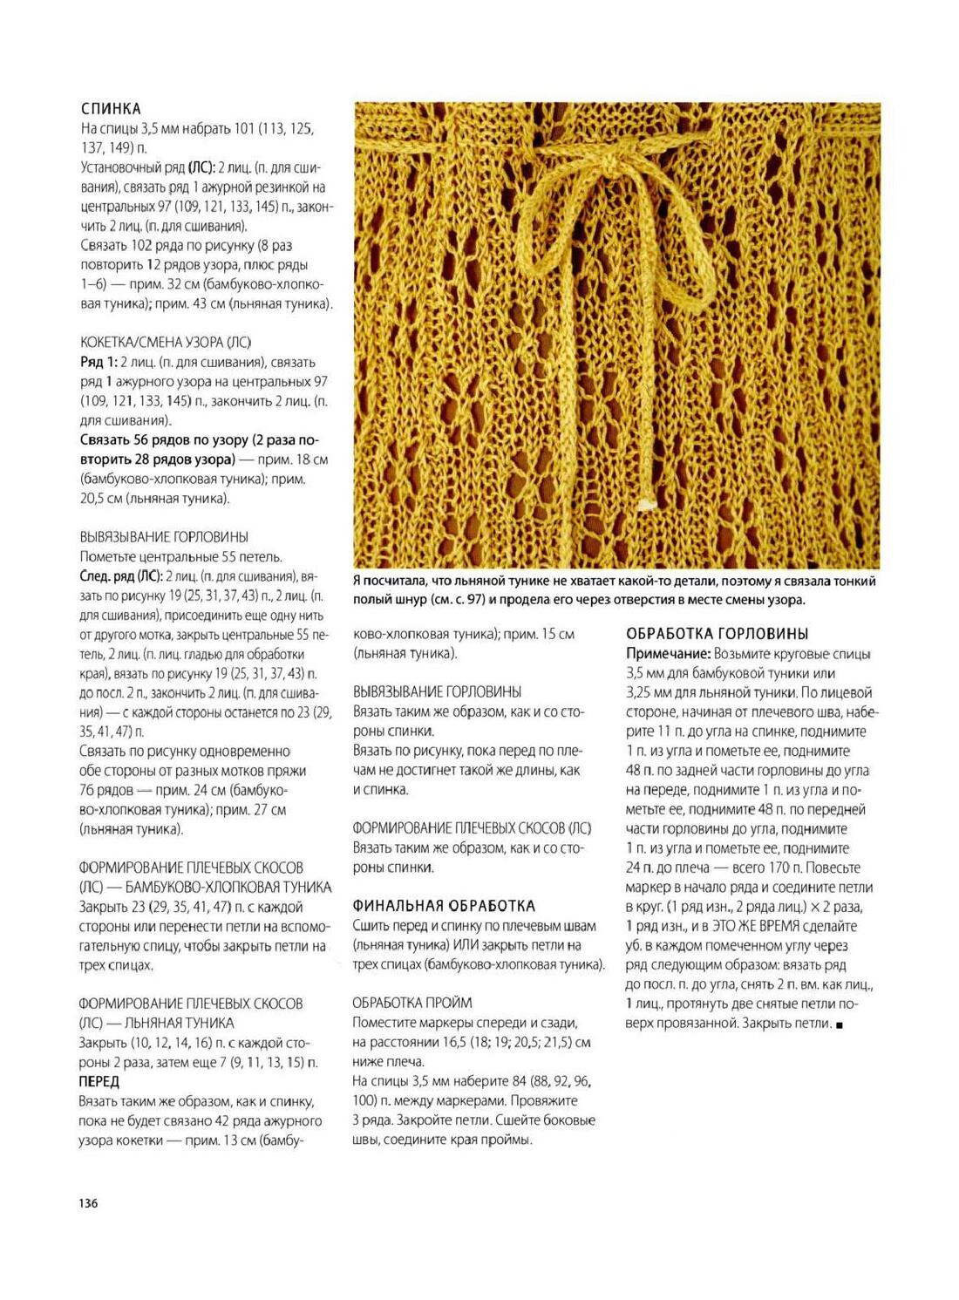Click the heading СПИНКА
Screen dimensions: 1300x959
(111, 109)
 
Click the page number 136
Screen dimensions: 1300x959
(88, 1203)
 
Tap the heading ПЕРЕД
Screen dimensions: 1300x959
(99, 1081)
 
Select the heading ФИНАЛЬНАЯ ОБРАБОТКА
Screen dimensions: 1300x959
(444, 906)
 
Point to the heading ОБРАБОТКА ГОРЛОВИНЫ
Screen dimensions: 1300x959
(718, 634)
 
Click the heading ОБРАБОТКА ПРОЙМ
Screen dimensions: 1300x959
(412, 1003)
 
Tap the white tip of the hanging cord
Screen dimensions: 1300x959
(646, 504)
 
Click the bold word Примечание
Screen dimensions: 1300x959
(668, 654)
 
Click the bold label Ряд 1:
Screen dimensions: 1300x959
(99, 362)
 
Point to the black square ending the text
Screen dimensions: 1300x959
(839, 1024)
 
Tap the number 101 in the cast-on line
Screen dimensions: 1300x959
(244, 129)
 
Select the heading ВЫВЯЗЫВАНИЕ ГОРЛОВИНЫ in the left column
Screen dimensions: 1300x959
(164, 537)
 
